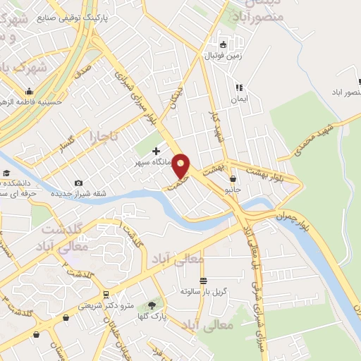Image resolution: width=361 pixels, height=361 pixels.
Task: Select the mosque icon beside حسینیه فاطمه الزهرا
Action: click(29, 91)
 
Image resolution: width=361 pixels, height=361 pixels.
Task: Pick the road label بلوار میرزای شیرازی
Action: click(140, 99)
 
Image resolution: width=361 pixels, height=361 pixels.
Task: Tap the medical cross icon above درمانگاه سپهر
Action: click(156, 150)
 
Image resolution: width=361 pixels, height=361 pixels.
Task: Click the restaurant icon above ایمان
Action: click(238, 87)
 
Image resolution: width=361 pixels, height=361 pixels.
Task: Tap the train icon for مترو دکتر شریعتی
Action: click(105, 294)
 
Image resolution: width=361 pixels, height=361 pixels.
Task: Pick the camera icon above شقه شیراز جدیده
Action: click(78, 183)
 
